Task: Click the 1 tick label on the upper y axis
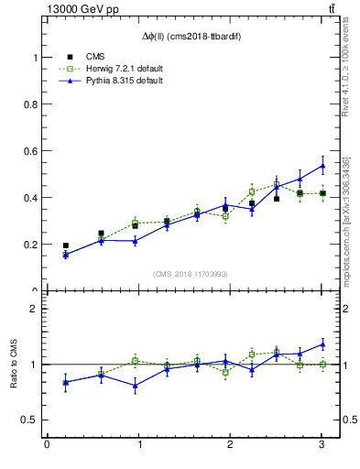click(36, 57)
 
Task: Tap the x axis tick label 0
click(47, 445)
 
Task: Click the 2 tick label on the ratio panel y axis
click(36, 309)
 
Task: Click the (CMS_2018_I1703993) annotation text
click(191, 273)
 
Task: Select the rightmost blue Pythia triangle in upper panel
click(322, 166)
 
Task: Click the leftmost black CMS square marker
click(65, 245)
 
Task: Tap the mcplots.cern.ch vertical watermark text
click(346, 220)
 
